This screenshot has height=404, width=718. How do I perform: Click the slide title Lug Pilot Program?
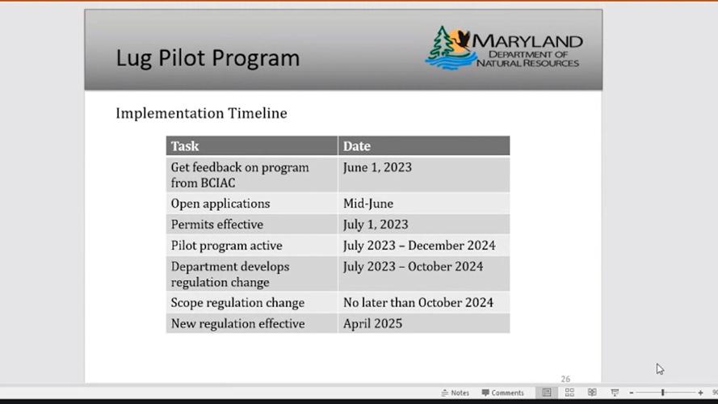(208, 58)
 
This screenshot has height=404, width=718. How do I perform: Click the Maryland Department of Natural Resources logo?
(503, 49)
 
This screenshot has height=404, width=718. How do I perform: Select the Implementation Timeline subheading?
(201, 113)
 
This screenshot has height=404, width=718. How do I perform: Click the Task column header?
(185, 146)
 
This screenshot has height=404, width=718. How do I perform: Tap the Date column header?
(357, 146)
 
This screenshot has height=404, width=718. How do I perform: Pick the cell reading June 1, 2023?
(377, 167)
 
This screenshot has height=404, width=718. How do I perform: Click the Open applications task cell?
(220, 204)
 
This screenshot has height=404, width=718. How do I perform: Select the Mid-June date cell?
(368, 204)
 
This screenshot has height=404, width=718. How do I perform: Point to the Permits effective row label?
(216, 225)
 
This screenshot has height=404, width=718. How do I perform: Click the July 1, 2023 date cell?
(376, 225)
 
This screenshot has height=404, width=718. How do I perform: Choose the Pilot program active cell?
(226, 246)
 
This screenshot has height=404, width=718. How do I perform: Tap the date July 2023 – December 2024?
(419, 246)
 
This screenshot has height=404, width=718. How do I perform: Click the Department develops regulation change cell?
(230, 274)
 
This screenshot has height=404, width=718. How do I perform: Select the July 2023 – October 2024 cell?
(413, 267)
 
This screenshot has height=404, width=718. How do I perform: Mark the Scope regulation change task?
(237, 303)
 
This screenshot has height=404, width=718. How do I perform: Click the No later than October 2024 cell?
(418, 303)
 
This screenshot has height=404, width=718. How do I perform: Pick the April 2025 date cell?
(372, 324)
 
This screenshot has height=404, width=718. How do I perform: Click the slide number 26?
(565, 379)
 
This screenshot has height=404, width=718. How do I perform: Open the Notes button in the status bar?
(455, 393)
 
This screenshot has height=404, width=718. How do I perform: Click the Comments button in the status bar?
(502, 393)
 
